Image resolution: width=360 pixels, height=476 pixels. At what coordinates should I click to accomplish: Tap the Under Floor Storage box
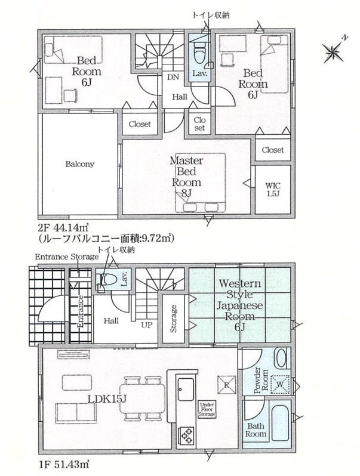[207, 409]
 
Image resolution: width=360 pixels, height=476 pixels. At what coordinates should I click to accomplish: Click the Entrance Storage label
[66, 257]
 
